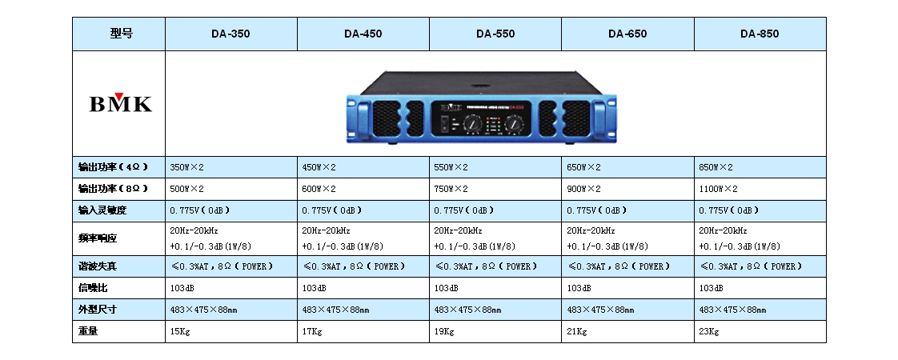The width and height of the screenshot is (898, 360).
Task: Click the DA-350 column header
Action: (x=231, y=34)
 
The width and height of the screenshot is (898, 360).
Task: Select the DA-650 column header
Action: (x=627, y=34)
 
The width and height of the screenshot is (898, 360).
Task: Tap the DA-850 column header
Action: (x=759, y=34)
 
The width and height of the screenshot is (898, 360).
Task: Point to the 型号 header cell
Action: (x=120, y=34)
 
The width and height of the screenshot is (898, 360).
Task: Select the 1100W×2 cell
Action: (x=718, y=189)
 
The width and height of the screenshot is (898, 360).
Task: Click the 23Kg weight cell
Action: (x=709, y=330)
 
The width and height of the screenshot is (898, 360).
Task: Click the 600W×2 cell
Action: (x=319, y=189)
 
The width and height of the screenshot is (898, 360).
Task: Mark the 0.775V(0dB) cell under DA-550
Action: (x=463, y=210)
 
